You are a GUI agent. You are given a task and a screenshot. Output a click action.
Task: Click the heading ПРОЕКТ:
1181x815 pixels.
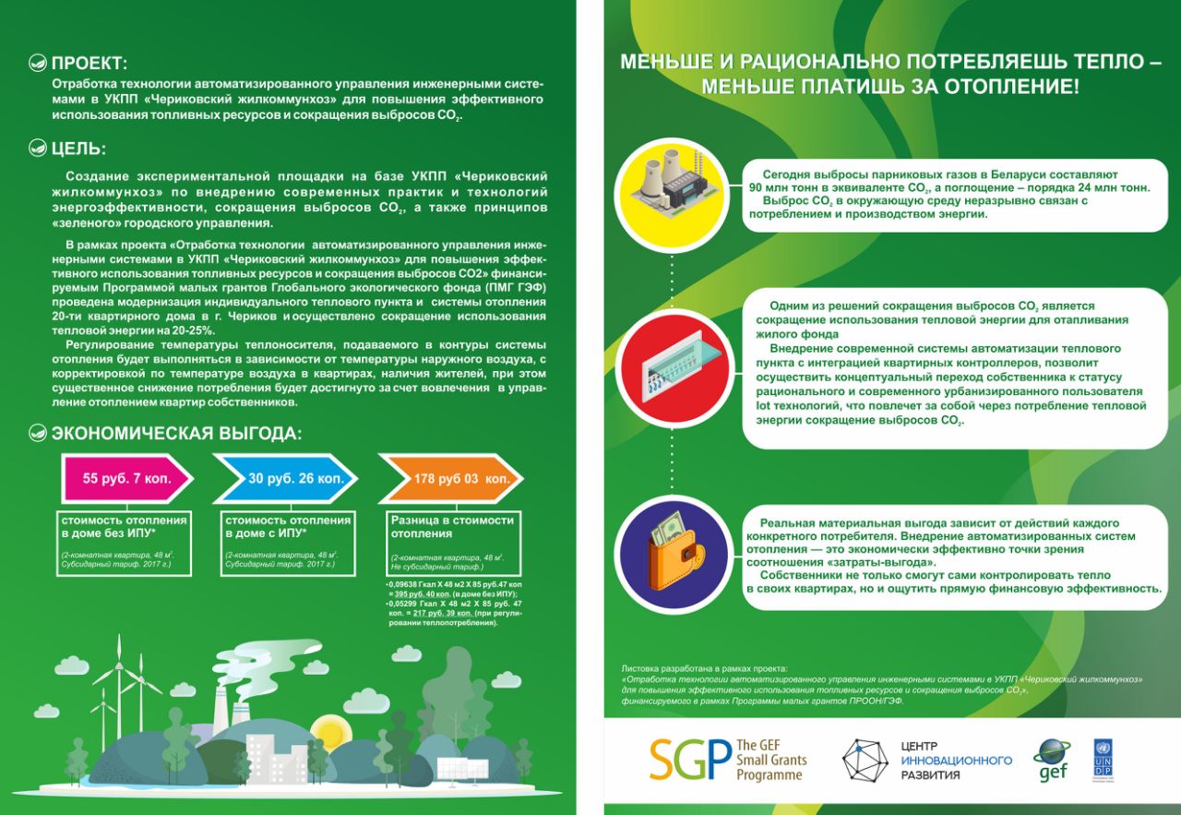pos(89,64)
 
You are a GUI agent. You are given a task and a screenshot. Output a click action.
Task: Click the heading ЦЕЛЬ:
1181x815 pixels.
pos(78,149)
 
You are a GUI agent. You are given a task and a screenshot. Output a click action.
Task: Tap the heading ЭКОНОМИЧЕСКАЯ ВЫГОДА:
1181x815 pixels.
pos(176,434)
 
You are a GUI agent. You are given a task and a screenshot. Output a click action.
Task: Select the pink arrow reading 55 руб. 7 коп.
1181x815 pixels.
pos(125,478)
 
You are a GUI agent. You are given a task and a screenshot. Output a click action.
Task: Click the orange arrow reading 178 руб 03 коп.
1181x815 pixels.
pos(450,478)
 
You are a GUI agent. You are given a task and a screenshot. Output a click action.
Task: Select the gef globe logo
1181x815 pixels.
pos(1051,760)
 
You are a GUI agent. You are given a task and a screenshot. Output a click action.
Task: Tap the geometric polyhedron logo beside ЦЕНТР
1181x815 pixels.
pos(865,760)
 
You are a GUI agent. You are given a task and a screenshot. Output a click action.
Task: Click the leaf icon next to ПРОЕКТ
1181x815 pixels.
pos(38,64)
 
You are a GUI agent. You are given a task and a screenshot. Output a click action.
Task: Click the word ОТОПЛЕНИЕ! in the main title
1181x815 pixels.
pos(1012,88)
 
